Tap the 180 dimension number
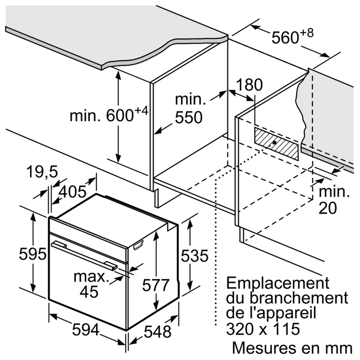(x=249, y=85)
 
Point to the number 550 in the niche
(x=188, y=117)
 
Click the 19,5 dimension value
(x=42, y=172)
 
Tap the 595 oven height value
(x=33, y=254)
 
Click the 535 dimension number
(x=195, y=256)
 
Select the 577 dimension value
(x=156, y=285)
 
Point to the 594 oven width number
(x=86, y=330)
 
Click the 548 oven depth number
(x=158, y=332)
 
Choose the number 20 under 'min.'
(x=328, y=208)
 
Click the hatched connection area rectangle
(x=277, y=144)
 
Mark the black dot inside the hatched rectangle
(x=274, y=142)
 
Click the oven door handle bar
(x=84, y=255)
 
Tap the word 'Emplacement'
(x=278, y=284)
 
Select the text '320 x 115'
(x=263, y=329)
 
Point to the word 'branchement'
(x=299, y=298)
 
